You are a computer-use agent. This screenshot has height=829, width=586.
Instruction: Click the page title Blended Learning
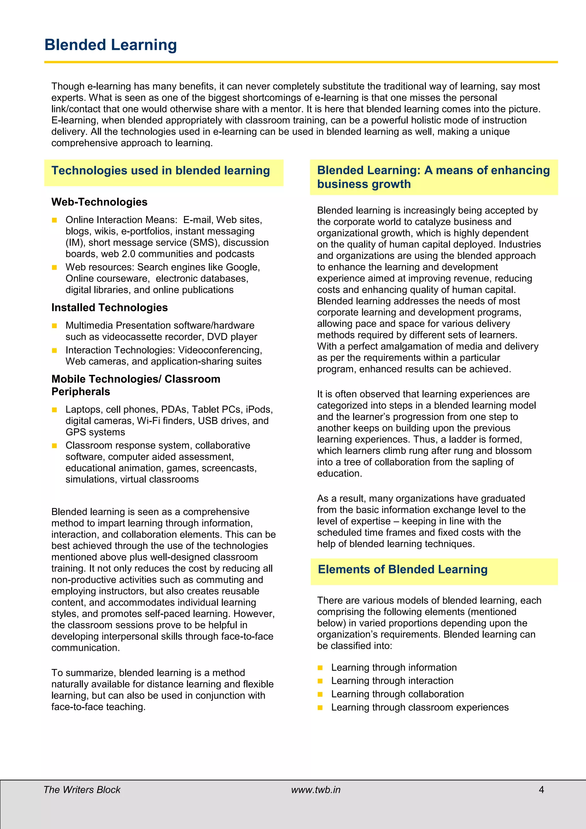pyautogui.click(x=110, y=45)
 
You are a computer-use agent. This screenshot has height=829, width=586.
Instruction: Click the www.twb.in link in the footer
pyautogui.click(x=316, y=790)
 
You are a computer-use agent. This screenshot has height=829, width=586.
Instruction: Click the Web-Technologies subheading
pyautogui.click(x=99, y=202)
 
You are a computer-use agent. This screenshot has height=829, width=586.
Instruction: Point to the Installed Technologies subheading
pyautogui.click(x=109, y=307)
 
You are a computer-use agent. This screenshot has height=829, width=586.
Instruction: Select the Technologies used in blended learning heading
pyautogui.click(x=161, y=170)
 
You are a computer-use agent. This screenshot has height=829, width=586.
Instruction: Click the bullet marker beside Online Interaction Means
pyautogui.click(x=54, y=220)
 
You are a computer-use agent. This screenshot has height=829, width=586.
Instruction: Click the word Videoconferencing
pyautogui.click(x=220, y=350)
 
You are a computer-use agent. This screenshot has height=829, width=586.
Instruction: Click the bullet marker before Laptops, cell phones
pyautogui.click(x=54, y=410)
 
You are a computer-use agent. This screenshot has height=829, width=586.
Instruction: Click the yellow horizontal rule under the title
pyautogui.click(x=301, y=62)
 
